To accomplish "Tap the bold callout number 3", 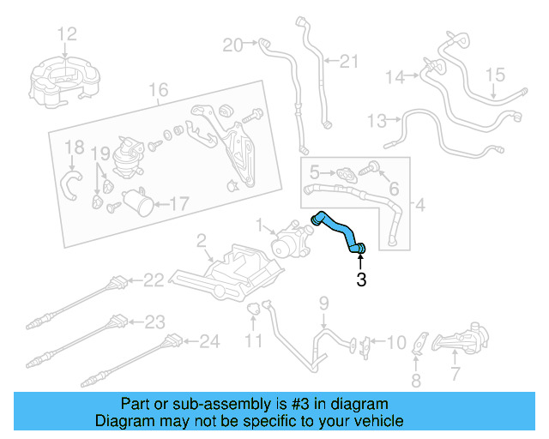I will pyautogui.click(x=361, y=280).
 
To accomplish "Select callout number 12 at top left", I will pyautogui.click(x=67, y=33).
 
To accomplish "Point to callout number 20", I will pyautogui.click(x=232, y=44).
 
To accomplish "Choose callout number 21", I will pyautogui.click(x=347, y=61).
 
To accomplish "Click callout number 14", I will pyautogui.click(x=394, y=77).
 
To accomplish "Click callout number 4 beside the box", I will pyautogui.click(x=419, y=205).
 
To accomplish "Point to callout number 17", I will pyautogui.click(x=178, y=204).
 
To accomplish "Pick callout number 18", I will pyautogui.click(x=75, y=147).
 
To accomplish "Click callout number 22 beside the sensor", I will pyautogui.click(x=153, y=280).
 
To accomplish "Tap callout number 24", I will pyautogui.click(x=209, y=341).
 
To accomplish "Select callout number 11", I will pyautogui.click(x=254, y=342).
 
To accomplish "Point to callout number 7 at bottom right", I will pyautogui.click(x=455, y=374).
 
